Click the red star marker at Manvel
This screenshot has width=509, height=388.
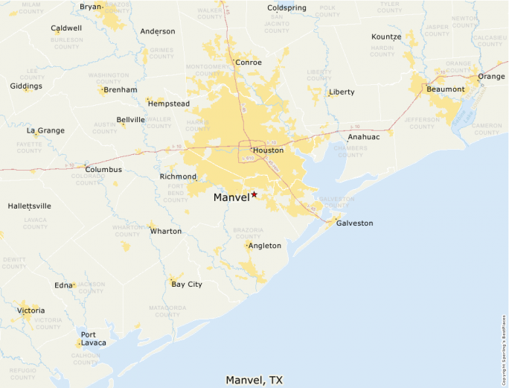(254, 194)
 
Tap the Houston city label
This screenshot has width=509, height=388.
(268, 150)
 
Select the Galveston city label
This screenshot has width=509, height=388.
(354, 223)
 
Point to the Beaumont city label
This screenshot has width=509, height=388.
(446, 89)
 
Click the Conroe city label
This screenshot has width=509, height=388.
(248, 63)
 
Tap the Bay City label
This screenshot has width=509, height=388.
(186, 284)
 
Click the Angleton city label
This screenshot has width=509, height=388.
(264, 246)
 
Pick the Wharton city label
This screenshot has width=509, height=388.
(165, 232)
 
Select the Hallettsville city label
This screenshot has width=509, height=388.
(30, 206)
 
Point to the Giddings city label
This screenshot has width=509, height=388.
(26, 86)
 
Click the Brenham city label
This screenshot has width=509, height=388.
(120, 90)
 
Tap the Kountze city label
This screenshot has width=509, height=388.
(386, 36)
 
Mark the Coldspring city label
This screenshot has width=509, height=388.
(286, 8)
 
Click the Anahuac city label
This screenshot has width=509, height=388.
(363, 137)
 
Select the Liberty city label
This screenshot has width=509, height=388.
(342, 92)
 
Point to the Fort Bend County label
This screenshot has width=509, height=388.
(176, 192)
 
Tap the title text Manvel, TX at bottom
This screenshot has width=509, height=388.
(254, 380)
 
